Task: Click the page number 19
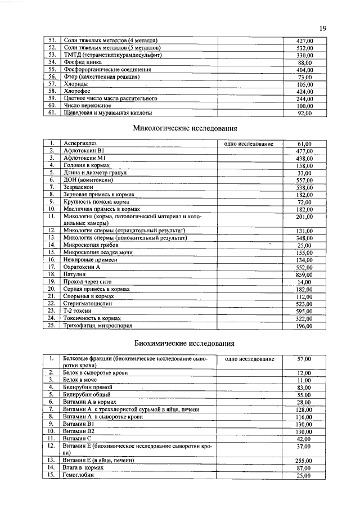(x=322, y=28)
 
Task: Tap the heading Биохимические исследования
(x=184, y=343)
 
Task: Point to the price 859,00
(x=305, y=274)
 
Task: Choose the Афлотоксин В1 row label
(x=84, y=151)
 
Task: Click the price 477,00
(x=305, y=151)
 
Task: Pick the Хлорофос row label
(x=76, y=91)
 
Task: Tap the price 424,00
(x=305, y=91)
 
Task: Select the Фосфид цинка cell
(x=82, y=62)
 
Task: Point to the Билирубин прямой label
(x=88, y=388)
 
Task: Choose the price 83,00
(x=304, y=388)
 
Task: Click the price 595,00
(x=305, y=311)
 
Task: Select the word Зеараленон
(x=79, y=187)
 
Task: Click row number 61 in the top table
(x=51, y=112)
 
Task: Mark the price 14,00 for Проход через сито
(x=304, y=282)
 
